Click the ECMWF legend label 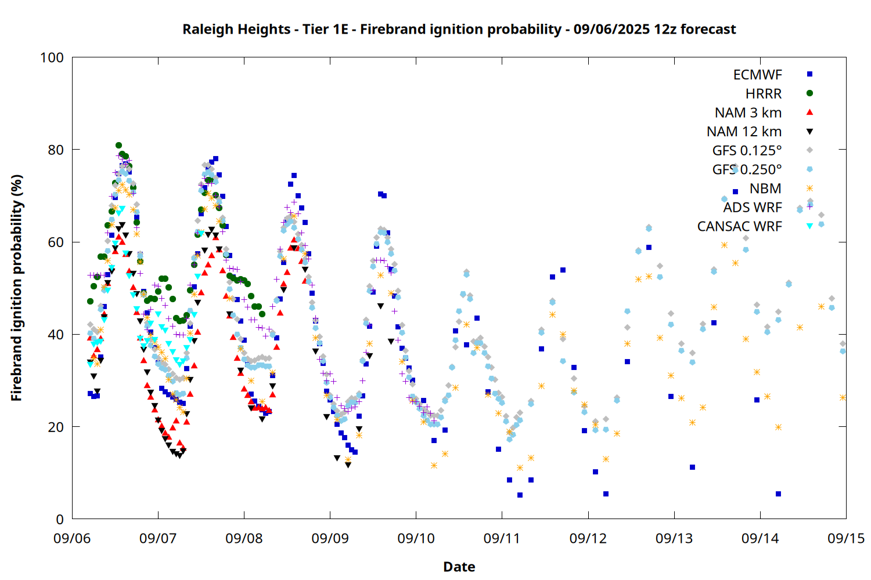(757, 75)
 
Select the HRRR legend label (764, 93)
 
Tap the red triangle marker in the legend (810, 113)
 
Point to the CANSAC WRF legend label (740, 226)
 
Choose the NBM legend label (766, 188)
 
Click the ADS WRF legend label (753, 208)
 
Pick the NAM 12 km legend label (744, 132)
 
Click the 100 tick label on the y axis (52, 57)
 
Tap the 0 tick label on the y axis (60, 519)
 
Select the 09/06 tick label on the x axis (72, 538)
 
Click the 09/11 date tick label (502, 538)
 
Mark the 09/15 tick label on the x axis (846, 538)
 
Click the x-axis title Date (459, 567)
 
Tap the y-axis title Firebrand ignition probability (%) (16, 288)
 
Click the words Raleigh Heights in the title (236, 29)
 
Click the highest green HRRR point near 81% (118, 146)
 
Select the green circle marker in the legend (810, 93)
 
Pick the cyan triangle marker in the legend (810, 226)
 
